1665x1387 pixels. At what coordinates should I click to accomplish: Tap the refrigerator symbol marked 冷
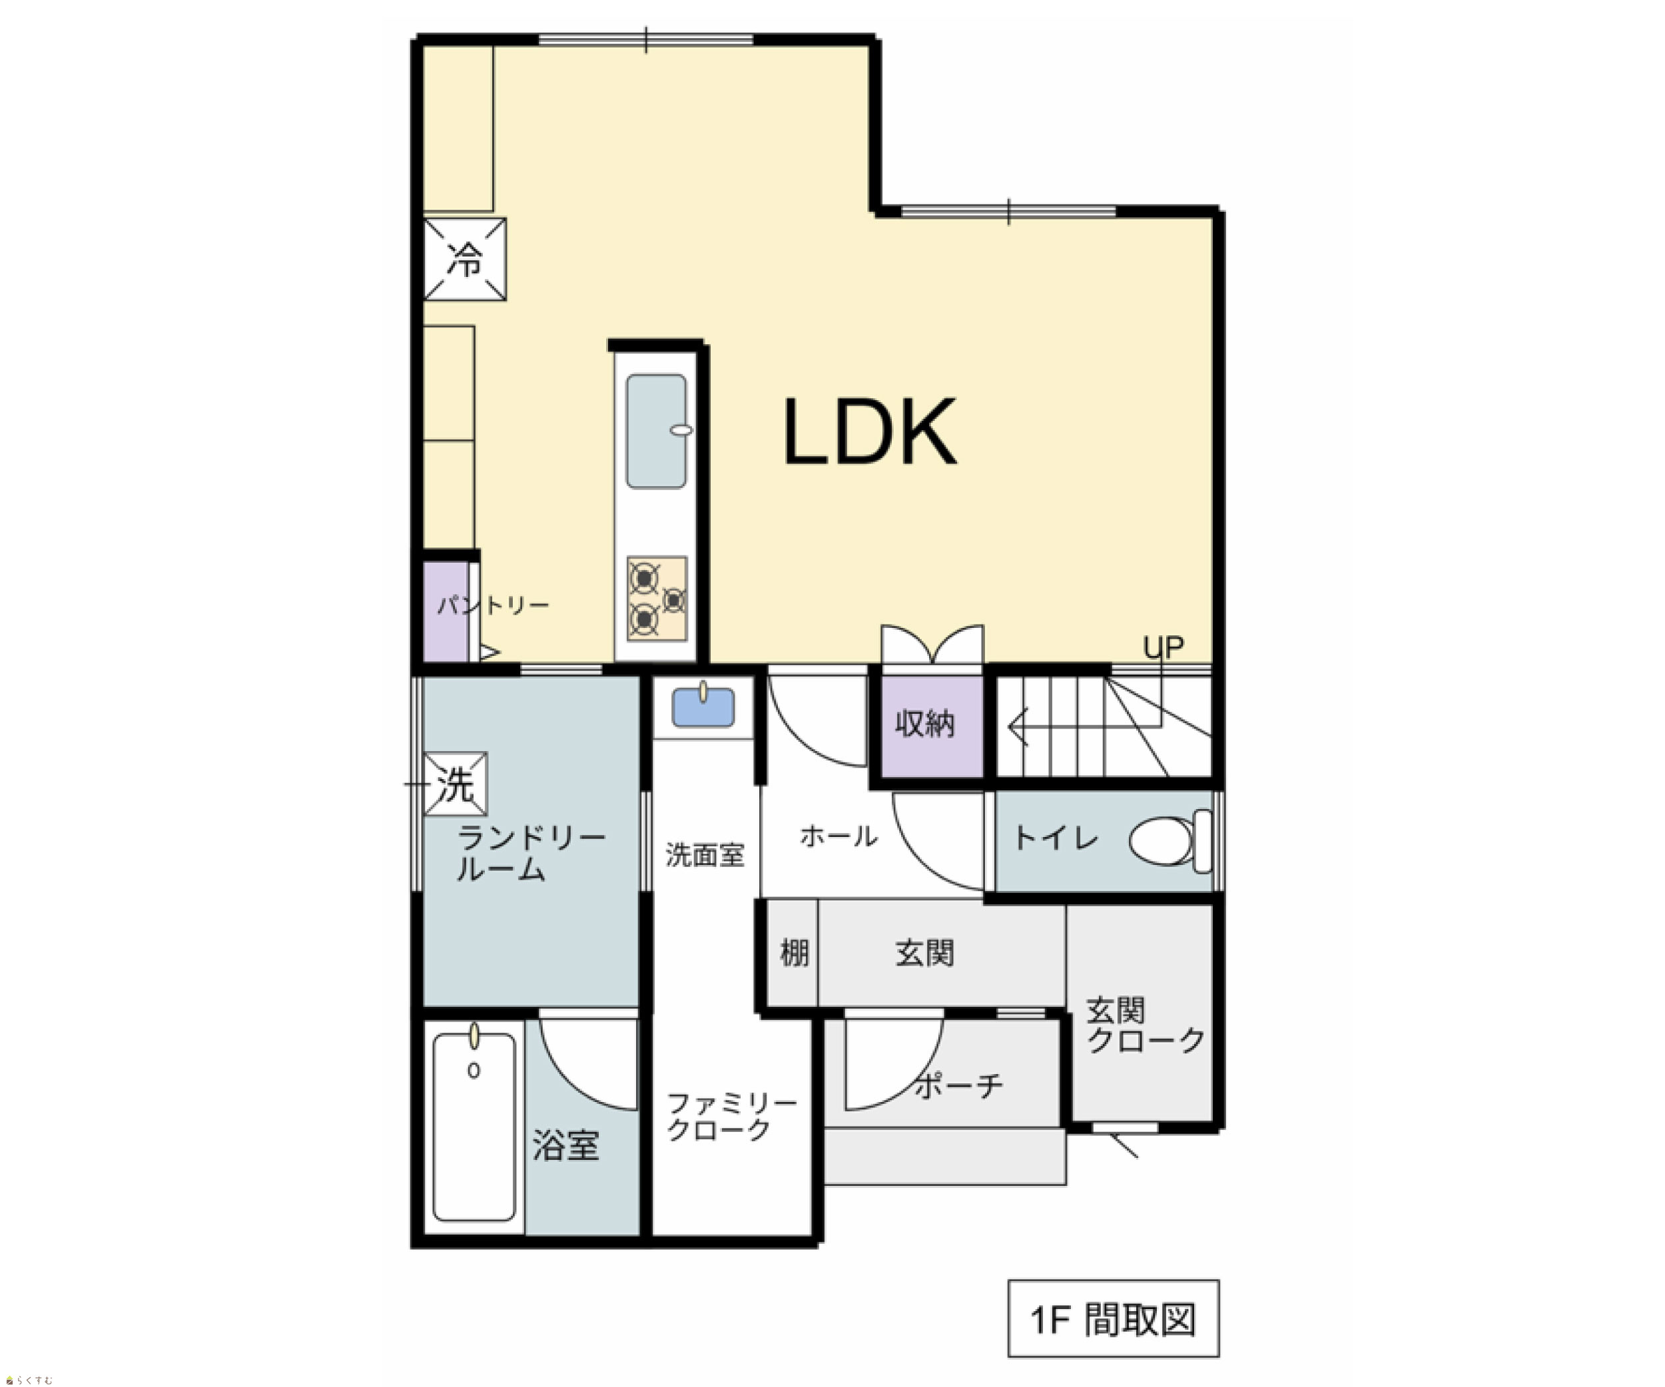(465, 259)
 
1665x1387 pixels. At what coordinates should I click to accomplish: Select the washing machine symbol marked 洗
(455, 784)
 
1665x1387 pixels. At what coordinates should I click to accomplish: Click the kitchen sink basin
(657, 431)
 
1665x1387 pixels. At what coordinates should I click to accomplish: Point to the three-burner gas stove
(657, 599)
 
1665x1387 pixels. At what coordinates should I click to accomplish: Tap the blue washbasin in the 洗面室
(703, 706)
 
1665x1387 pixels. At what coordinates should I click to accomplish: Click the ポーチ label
(959, 1085)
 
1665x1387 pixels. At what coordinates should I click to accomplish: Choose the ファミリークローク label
(732, 1116)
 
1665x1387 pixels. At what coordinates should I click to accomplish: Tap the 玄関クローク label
(1145, 1025)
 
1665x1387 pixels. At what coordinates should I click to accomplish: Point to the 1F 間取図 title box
(1113, 1318)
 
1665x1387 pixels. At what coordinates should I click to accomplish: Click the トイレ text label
(1056, 837)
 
